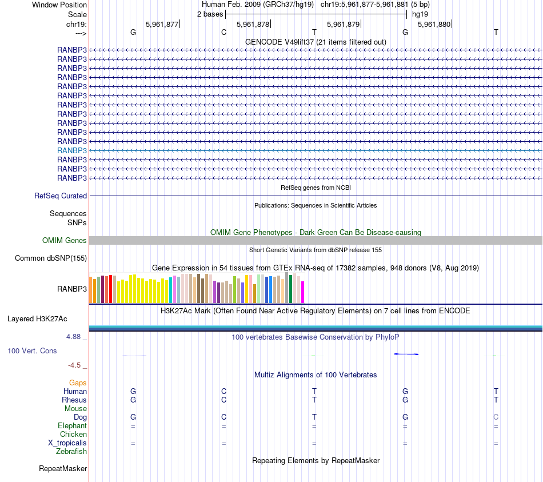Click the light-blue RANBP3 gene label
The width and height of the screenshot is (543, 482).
72,150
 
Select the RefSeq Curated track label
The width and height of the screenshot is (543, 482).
61,196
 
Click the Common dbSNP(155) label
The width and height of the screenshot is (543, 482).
51,258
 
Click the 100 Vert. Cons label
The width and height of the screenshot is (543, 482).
32,350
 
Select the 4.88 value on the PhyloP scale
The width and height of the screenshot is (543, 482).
74,337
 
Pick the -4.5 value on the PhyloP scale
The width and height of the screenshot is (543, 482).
74,365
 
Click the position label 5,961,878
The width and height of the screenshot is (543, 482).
253,24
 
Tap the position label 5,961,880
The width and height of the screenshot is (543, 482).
434,24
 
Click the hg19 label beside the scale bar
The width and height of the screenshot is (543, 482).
420,14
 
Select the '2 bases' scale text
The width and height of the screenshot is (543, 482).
210,14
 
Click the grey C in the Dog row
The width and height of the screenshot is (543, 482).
496,417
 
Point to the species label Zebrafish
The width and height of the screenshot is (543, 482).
71,452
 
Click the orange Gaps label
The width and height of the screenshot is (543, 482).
78,383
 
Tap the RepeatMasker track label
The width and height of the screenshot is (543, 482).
63,469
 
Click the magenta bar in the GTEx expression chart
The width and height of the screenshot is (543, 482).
302,292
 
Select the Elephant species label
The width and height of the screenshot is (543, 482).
72,426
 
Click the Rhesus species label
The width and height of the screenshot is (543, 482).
74,400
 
